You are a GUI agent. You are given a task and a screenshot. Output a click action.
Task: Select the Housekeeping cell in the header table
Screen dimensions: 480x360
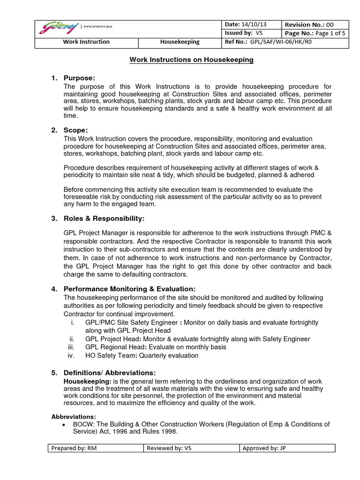pyautogui.click(x=180, y=42)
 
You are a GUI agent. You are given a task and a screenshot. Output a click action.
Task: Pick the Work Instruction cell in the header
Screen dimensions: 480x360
pyautogui.click(x=86, y=42)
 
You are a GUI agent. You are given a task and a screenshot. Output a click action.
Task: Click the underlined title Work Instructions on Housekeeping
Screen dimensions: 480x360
pyautogui.click(x=191, y=60)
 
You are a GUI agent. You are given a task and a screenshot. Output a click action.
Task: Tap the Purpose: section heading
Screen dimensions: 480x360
pyautogui.click(x=79, y=78)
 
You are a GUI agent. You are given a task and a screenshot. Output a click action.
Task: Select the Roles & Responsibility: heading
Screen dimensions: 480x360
pyautogui.click(x=104, y=219)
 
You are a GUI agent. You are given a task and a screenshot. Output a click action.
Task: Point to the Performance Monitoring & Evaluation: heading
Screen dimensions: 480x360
pyautogui.click(x=129, y=288)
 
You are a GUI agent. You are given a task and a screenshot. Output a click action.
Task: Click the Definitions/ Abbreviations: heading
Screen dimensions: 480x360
pyautogui.click(x=110, y=373)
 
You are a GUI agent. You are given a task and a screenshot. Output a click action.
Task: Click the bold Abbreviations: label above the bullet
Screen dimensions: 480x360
pyautogui.click(x=74, y=417)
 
